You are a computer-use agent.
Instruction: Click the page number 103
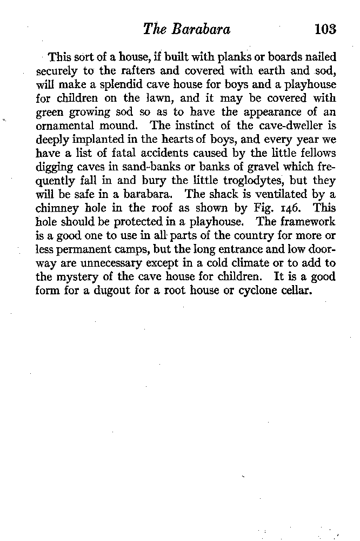[x=325, y=29]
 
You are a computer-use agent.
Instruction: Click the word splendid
[x=121, y=85]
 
